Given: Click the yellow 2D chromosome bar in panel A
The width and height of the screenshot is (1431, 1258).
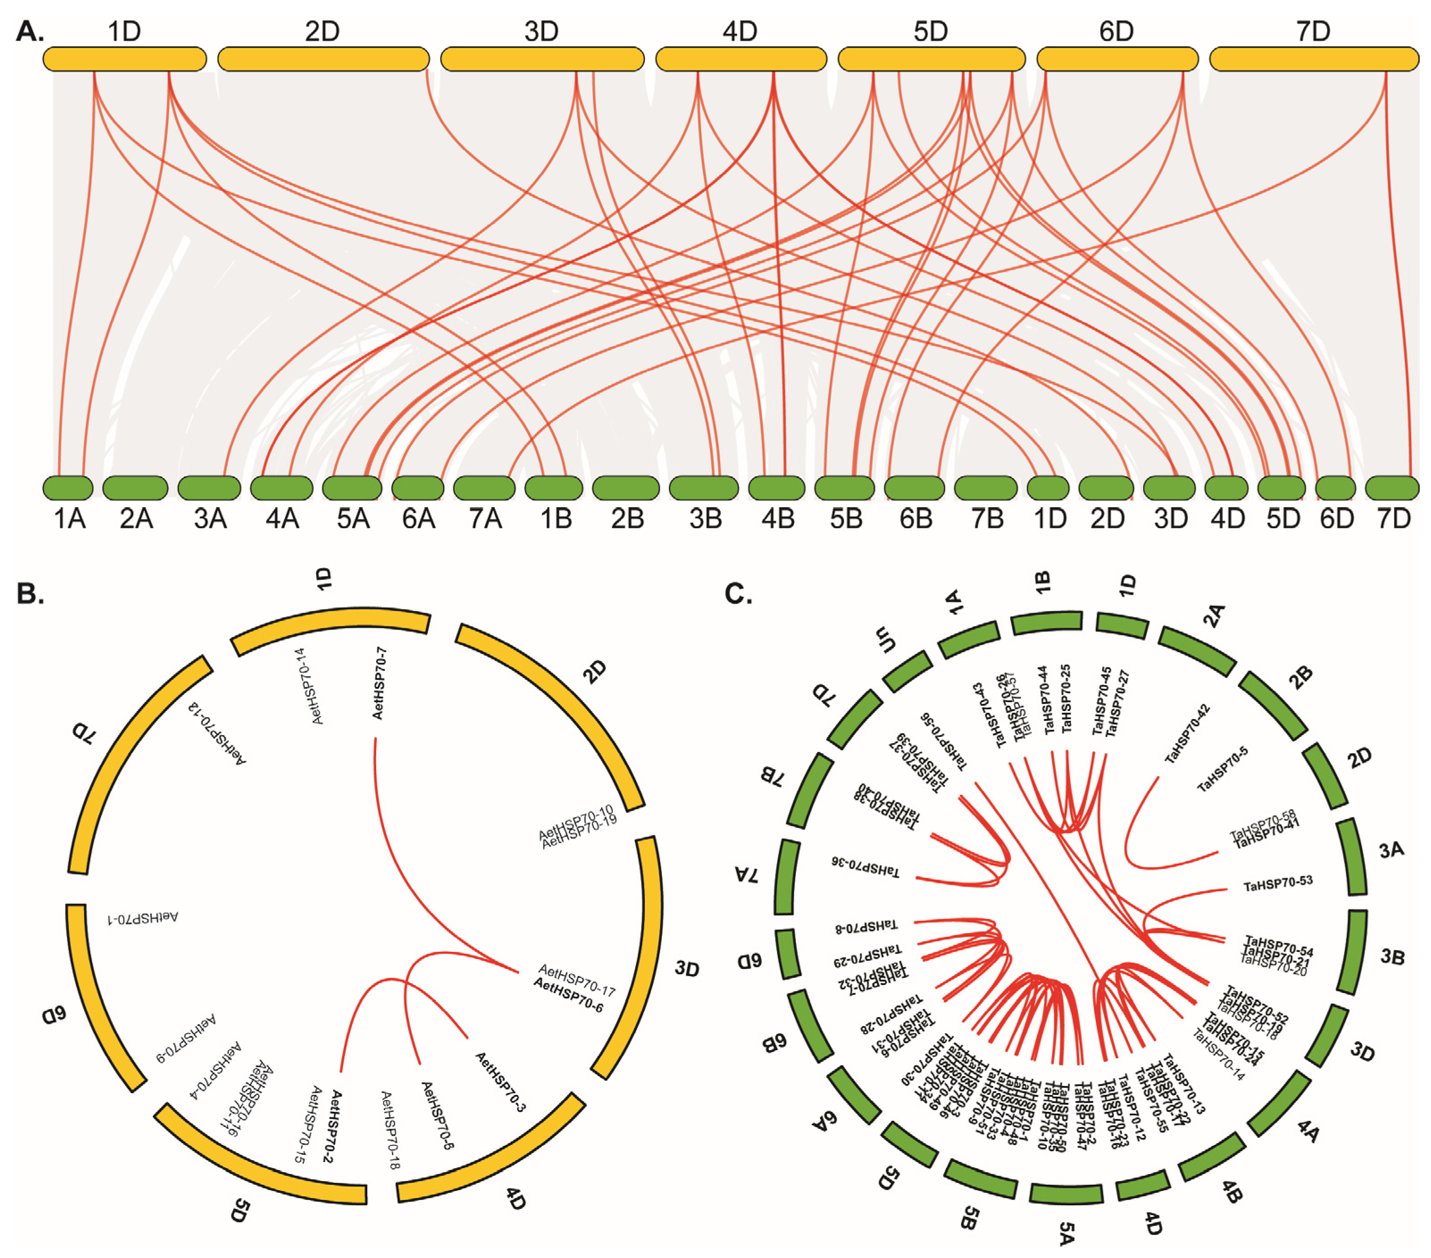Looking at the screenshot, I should [323, 59].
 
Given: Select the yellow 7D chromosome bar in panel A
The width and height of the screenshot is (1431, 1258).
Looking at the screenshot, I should [1314, 59].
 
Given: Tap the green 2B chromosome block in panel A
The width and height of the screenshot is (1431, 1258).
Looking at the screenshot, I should [625, 488].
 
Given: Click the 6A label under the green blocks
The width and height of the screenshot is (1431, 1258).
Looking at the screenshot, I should [418, 519].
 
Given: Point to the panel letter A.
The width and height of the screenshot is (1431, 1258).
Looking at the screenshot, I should [29, 32].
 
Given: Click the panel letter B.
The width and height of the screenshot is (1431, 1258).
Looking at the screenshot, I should [30, 593].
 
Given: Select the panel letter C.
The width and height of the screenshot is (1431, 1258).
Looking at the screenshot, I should [738, 594].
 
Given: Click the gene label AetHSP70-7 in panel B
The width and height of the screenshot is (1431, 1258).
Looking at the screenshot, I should [380, 683].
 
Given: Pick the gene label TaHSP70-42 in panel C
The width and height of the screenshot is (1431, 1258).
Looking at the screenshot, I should [1188, 733].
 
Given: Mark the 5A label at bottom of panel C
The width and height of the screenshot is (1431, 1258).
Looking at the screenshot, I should [1066, 1233].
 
